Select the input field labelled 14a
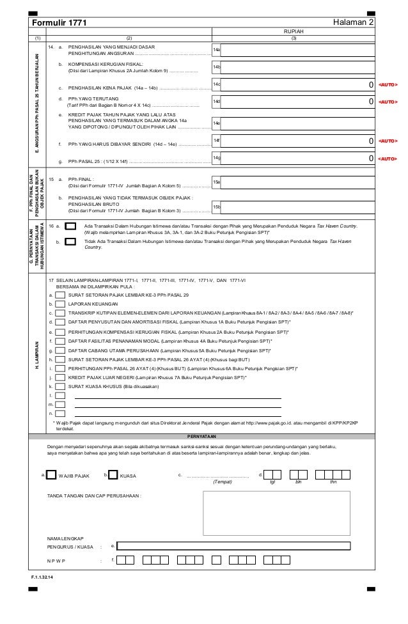[298, 49]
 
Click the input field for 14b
[298, 67]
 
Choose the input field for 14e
[298, 123]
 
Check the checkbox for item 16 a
[71, 226]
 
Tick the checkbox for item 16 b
[71, 242]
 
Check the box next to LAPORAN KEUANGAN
[61, 304]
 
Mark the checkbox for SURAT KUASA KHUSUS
[61, 387]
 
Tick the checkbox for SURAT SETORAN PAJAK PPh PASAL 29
[61, 295]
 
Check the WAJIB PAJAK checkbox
[51, 475]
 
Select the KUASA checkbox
[114, 475]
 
